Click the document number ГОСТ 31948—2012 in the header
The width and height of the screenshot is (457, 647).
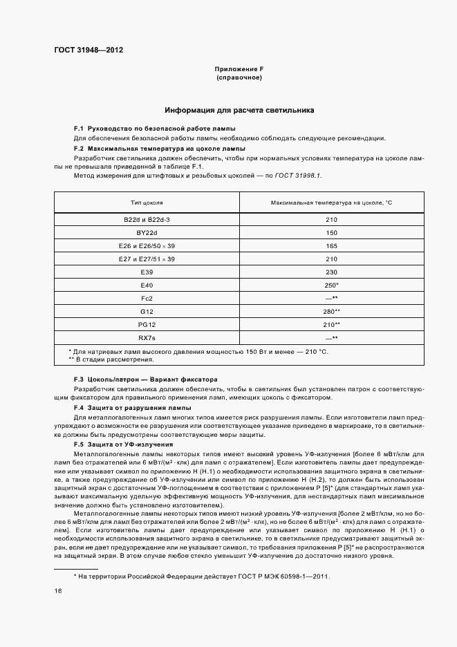click(88, 50)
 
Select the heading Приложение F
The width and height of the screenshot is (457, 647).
click(239, 69)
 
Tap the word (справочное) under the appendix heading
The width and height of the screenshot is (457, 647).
click(239, 77)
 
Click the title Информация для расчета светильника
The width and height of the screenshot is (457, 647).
click(239, 110)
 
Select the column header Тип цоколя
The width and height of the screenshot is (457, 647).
click(147, 203)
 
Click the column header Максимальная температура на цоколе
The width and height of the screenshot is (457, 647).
click(332, 203)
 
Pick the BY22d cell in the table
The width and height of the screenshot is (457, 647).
click(147, 232)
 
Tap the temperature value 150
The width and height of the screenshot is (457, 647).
click(332, 232)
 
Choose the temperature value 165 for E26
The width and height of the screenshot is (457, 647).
click(332, 245)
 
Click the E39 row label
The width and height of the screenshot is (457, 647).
click(147, 272)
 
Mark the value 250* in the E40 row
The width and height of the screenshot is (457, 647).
click(332, 285)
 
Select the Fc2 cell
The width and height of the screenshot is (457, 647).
click(147, 298)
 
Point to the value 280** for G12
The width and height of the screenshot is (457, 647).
click(332, 311)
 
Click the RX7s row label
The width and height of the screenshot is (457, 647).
click(147, 337)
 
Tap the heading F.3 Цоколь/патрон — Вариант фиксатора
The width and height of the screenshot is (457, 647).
click(146, 379)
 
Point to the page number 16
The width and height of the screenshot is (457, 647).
click(58, 591)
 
